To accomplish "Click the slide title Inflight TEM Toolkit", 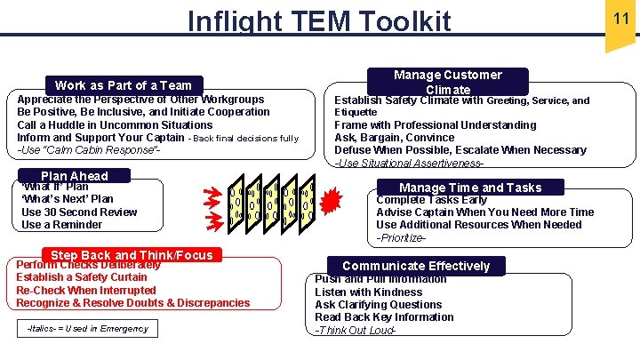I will click(x=320, y=20).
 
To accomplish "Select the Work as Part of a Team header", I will click(x=123, y=85).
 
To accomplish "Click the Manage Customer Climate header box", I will click(x=447, y=82).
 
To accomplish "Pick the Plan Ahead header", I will click(x=74, y=176).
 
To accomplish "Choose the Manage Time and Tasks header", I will click(x=469, y=188).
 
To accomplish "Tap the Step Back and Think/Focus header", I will click(x=132, y=255).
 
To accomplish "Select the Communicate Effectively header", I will click(x=415, y=266).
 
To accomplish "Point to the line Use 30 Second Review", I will click(x=79, y=212).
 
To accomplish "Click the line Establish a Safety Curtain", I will click(x=82, y=277).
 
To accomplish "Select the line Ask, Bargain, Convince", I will click(x=394, y=138).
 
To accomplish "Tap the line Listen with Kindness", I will click(x=368, y=292).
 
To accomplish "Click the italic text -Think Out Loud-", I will click(x=355, y=330).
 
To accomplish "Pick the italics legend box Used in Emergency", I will click(x=87, y=330).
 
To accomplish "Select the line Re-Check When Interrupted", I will click(x=85, y=290).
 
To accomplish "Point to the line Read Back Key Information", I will click(x=384, y=317).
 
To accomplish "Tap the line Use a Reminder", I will click(x=61, y=225).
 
